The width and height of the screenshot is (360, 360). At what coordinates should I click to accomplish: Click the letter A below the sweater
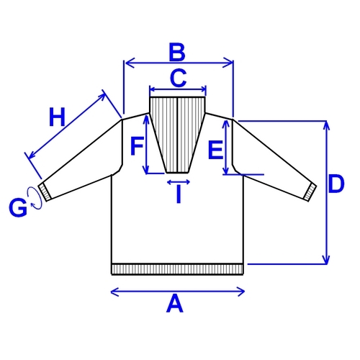click(175, 304)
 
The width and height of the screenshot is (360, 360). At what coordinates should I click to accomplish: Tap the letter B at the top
click(177, 52)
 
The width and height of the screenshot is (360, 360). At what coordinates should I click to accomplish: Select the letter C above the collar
click(178, 78)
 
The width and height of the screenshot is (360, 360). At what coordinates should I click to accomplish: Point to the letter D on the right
click(336, 184)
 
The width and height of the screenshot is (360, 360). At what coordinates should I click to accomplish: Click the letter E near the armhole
click(216, 150)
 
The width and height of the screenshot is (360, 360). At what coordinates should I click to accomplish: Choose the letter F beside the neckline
click(137, 146)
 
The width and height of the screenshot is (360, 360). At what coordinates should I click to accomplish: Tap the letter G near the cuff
click(18, 208)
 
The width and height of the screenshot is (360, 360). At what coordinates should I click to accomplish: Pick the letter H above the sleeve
click(57, 117)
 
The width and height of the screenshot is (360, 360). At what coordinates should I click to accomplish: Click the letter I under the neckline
click(179, 194)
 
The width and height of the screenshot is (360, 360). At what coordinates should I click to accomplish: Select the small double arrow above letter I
click(179, 182)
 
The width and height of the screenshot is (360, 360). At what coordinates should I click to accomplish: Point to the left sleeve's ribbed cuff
click(45, 192)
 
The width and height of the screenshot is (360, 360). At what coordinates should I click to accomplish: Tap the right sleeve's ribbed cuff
click(310, 192)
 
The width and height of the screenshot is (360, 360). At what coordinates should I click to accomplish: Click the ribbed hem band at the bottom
click(177, 269)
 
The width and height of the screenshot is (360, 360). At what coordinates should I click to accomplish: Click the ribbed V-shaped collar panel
click(178, 135)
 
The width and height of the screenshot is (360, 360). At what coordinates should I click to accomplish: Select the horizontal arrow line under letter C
click(178, 90)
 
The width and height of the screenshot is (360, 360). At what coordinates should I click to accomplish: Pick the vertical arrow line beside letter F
click(146, 145)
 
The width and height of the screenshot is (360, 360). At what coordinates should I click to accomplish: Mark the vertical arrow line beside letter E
click(225, 147)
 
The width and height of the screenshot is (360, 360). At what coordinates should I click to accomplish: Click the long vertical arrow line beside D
click(325, 192)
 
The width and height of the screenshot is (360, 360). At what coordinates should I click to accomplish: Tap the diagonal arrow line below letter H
click(66, 126)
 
